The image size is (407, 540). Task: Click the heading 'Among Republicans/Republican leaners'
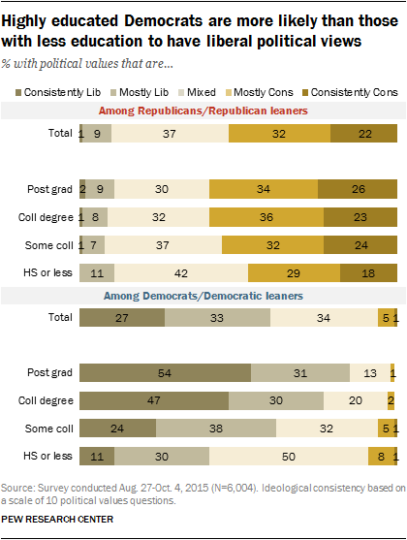click(x=203, y=111)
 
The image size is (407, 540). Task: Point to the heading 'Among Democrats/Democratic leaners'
click(x=203, y=295)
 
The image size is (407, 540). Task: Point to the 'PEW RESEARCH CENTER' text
click(x=58, y=520)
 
